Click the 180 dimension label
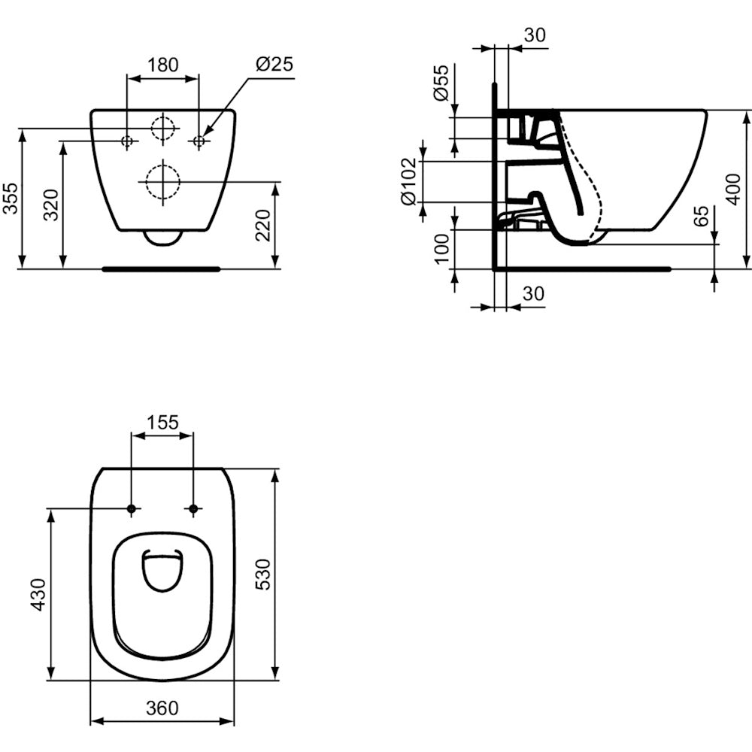(162, 65)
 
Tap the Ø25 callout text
(274, 64)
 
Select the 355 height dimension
(10, 198)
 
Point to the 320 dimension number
(51, 205)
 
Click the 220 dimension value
(263, 226)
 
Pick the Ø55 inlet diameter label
(441, 83)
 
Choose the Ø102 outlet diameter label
(409, 182)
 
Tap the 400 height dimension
(733, 190)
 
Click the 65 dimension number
(701, 217)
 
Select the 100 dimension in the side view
(441, 249)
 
